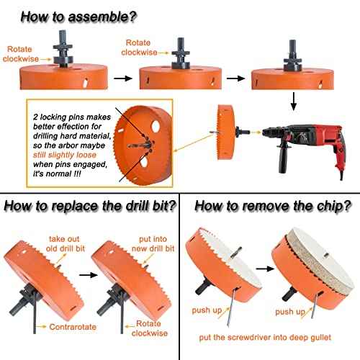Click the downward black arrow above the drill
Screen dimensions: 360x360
[293, 104]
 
